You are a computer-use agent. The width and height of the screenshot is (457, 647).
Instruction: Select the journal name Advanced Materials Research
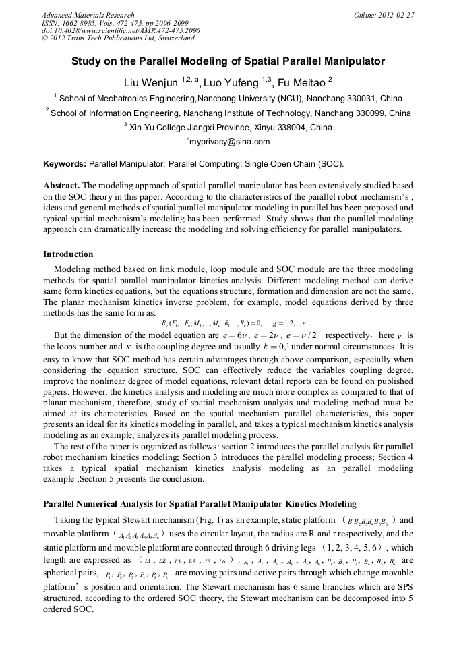point(88,15)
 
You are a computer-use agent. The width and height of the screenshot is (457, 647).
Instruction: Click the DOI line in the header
point(121,31)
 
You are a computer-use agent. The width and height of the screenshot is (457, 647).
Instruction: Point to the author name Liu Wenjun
point(150,82)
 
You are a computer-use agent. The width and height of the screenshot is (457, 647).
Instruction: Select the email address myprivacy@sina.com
point(230,142)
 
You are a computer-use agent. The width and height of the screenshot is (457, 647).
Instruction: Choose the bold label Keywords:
point(65,164)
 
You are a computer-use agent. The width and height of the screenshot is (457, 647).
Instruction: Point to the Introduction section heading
point(68,254)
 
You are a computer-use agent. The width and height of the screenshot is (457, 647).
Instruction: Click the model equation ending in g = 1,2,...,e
point(229,322)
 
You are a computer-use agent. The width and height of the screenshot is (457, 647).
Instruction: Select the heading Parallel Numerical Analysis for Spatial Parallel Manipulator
point(200,504)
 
